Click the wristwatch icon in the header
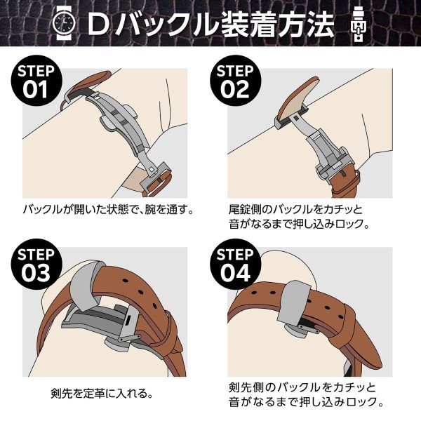(64, 22)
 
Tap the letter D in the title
(99, 24)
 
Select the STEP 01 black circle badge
(36, 81)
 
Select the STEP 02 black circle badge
(235, 81)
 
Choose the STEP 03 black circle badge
(36, 265)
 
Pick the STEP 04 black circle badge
(235, 265)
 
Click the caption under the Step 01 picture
(109, 210)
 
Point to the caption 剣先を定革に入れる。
(102, 394)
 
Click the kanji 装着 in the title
(247, 24)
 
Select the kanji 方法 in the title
(305, 24)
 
